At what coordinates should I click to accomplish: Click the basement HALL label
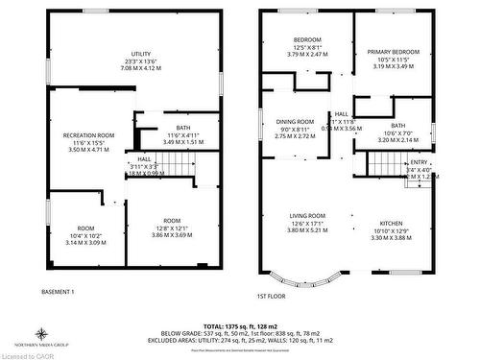coord(144,158)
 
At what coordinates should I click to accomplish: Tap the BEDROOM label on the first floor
coord(309,39)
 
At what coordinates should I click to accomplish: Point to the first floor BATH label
coord(397,125)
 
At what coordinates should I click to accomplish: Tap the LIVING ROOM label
coord(308,216)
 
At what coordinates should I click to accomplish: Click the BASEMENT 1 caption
coord(59,291)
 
